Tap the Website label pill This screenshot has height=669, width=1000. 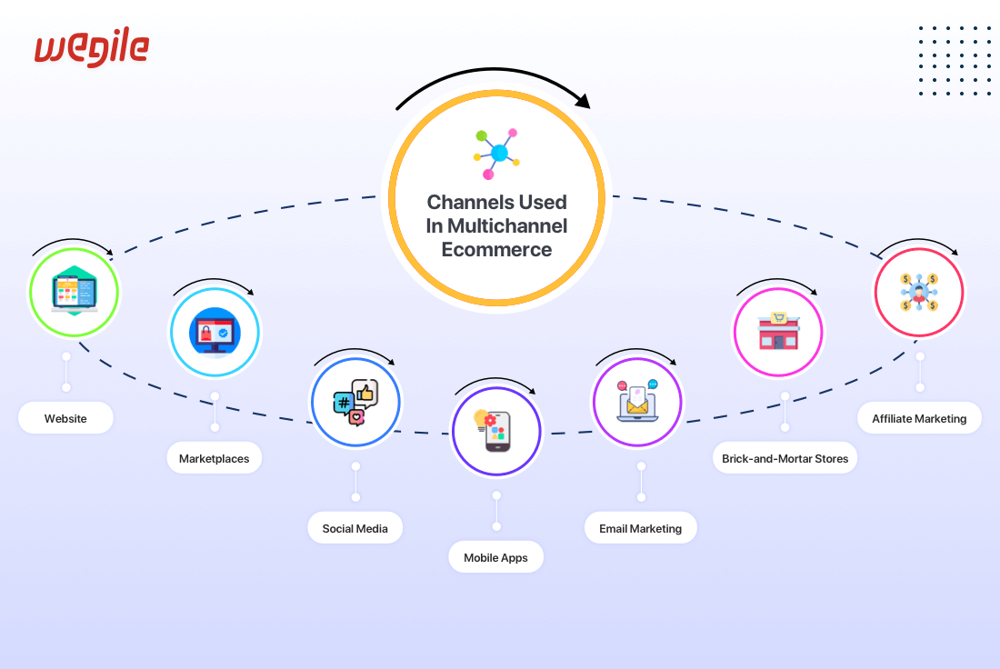tap(65, 419)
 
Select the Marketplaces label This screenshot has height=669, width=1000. tap(214, 459)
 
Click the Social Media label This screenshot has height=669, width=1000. tap(355, 528)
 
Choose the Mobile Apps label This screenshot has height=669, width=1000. tap(495, 558)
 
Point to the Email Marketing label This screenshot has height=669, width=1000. tap(640, 528)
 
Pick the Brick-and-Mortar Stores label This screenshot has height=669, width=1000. tap(785, 459)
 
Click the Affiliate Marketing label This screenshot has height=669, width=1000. tap(919, 419)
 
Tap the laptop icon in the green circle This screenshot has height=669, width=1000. tap(74, 292)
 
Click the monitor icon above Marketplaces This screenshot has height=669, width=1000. tap(215, 332)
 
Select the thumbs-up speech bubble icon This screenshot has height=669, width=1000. tap(355, 402)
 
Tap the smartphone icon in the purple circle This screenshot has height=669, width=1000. tap(496, 431)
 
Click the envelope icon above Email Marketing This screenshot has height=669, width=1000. tap(637, 401)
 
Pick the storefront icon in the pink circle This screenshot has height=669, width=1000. tap(778, 332)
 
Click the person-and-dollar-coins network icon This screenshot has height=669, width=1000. tap(918, 292)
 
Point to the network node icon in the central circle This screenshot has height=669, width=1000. tap(496, 153)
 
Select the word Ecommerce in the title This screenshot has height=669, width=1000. tap(496, 249)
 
